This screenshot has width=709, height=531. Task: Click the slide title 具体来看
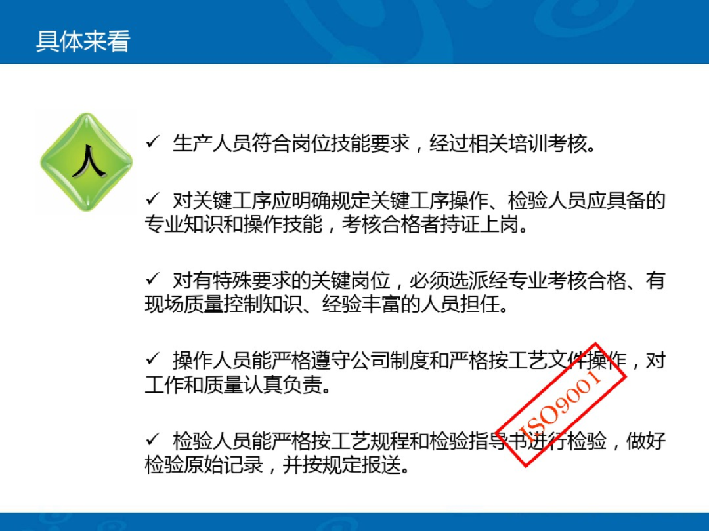(x=83, y=41)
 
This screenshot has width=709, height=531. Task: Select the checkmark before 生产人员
(x=153, y=142)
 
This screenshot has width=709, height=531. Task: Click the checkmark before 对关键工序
(x=153, y=199)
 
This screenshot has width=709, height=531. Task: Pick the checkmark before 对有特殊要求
(x=153, y=280)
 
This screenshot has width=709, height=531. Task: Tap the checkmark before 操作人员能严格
(x=153, y=359)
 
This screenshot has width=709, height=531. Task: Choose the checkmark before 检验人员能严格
(x=153, y=440)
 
